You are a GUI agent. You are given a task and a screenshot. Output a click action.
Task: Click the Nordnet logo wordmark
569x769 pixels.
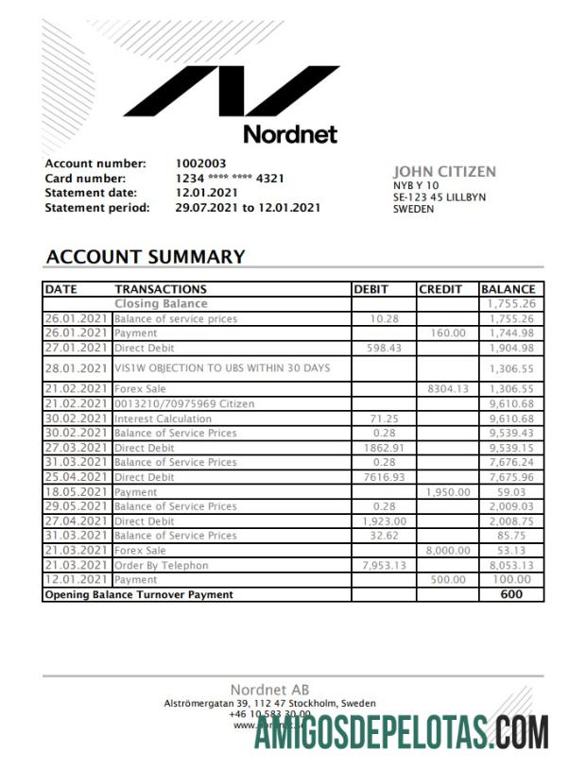pos(289,133)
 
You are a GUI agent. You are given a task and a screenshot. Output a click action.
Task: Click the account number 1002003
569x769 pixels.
pos(201,163)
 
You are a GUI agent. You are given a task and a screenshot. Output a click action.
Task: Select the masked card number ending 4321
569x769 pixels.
pos(230,179)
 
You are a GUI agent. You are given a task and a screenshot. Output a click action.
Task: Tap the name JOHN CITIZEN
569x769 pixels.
pos(444,172)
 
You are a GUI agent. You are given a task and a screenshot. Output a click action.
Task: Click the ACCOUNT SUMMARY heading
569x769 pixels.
pos(146,257)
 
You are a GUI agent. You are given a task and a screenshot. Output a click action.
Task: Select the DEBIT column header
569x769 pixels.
pos(372,289)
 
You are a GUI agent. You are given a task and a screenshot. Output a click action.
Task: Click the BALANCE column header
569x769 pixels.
pos(509,289)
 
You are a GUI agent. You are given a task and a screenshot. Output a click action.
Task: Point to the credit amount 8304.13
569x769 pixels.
pos(448,388)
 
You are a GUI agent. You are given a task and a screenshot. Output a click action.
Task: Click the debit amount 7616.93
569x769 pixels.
pos(384,477)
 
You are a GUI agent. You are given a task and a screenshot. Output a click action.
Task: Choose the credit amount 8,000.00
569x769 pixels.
pos(447,551)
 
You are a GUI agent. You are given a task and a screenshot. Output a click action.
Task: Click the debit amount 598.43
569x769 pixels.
pos(384,348)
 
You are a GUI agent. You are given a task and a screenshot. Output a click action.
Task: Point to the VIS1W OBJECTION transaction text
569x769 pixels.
pos(222,367)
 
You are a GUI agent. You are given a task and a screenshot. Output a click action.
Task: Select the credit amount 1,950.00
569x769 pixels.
pos(447,492)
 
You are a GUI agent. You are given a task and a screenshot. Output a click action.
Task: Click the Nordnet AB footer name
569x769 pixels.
pos(269,690)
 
